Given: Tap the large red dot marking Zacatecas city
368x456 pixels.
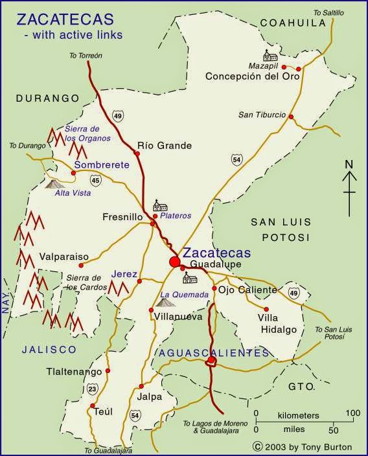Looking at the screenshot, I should [x=174, y=262].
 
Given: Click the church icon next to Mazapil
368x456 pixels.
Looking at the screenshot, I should [x=267, y=55].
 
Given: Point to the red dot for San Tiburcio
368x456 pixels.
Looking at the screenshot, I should [x=291, y=117].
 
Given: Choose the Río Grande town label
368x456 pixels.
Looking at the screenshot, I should [x=165, y=146].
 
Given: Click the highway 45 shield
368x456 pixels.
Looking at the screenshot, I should [x=95, y=179].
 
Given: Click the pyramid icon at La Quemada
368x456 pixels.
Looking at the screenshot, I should [x=165, y=301].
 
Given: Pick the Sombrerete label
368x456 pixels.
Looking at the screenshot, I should [x=102, y=165].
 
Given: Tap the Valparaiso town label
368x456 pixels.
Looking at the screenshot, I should [x=63, y=256].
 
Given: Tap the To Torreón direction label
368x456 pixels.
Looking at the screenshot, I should [x=86, y=56].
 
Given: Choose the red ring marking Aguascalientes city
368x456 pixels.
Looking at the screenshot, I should [x=210, y=363].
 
